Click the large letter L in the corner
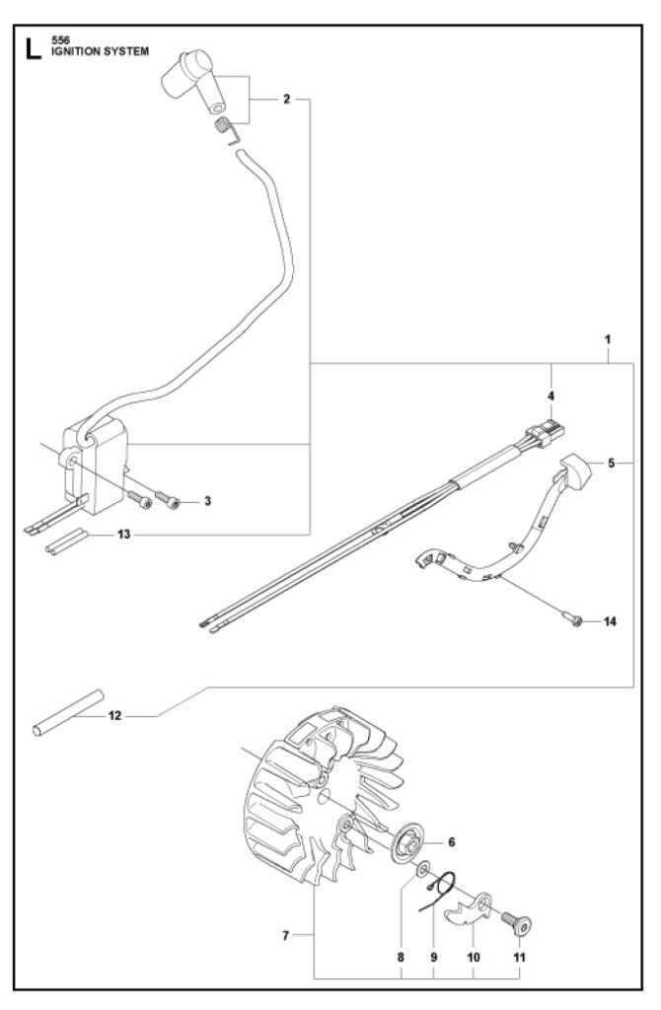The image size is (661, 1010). click(34, 49)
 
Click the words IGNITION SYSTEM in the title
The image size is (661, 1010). click(100, 51)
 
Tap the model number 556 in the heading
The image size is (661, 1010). click(60, 40)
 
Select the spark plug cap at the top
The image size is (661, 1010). click(193, 81)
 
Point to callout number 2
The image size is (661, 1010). click(287, 99)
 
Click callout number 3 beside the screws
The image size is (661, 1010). click(207, 500)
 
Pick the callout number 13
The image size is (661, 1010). click(123, 534)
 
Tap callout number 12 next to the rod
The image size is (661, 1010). click(114, 715)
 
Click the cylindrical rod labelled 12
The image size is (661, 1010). click(68, 713)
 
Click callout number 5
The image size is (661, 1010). click(612, 463)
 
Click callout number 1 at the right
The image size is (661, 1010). click(608, 339)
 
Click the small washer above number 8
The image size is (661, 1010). click(424, 871)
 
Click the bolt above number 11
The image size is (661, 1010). click(516, 923)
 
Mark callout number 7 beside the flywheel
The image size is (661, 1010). click(286, 935)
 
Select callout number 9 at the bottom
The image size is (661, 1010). click(433, 957)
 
